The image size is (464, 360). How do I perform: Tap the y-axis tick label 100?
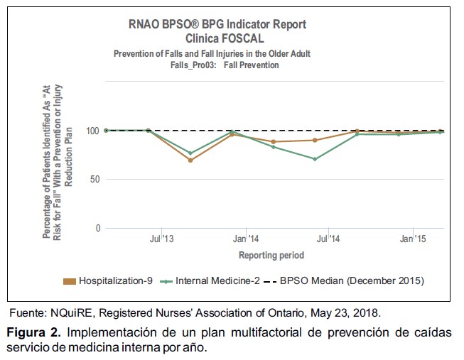[92, 131]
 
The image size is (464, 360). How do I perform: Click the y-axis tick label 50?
[94, 180]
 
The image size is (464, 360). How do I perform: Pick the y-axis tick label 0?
[97, 229]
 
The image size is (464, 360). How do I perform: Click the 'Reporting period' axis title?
[271, 255]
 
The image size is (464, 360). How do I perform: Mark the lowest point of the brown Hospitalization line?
[190, 160]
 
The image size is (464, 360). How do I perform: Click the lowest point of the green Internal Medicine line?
[315, 158]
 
